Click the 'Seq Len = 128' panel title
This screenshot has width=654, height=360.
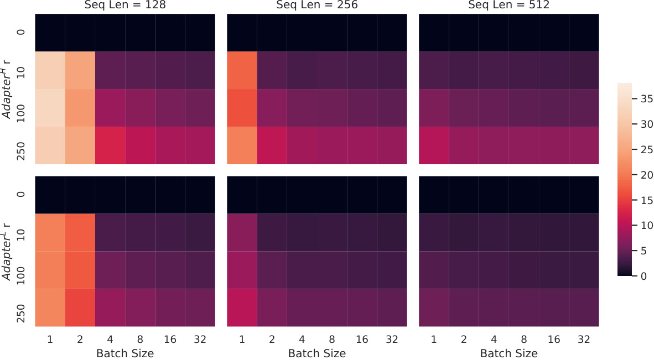point(125,5)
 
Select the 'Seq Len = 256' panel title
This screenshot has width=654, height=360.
point(317,5)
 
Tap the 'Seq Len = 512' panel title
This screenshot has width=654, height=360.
point(509,5)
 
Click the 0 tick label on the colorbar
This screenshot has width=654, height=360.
point(644,276)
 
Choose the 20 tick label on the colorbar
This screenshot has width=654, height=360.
point(647,175)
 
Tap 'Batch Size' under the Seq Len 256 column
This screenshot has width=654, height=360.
point(317,353)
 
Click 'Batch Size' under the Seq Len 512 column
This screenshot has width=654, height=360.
point(509,353)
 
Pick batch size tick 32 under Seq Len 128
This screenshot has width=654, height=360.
point(200,339)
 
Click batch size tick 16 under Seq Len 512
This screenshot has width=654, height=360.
point(554,339)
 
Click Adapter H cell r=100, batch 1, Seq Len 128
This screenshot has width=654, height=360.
point(50,108)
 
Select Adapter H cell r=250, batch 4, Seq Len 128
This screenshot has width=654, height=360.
point(110,145)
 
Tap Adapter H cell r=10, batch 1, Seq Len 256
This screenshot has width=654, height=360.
point(242,70)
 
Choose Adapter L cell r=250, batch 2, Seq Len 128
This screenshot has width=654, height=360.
point(80,307)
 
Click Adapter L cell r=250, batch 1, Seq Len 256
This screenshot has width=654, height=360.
point(242,307)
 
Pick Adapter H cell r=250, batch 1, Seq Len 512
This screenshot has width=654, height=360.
point(434,145)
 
